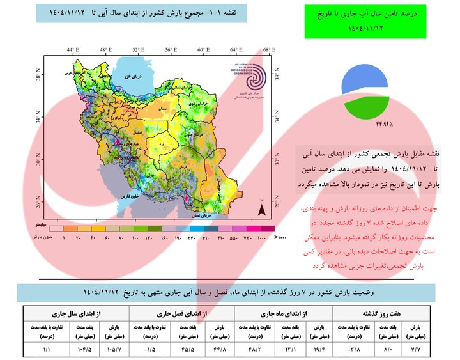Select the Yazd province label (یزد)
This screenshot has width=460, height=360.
[x=165, y=145]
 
